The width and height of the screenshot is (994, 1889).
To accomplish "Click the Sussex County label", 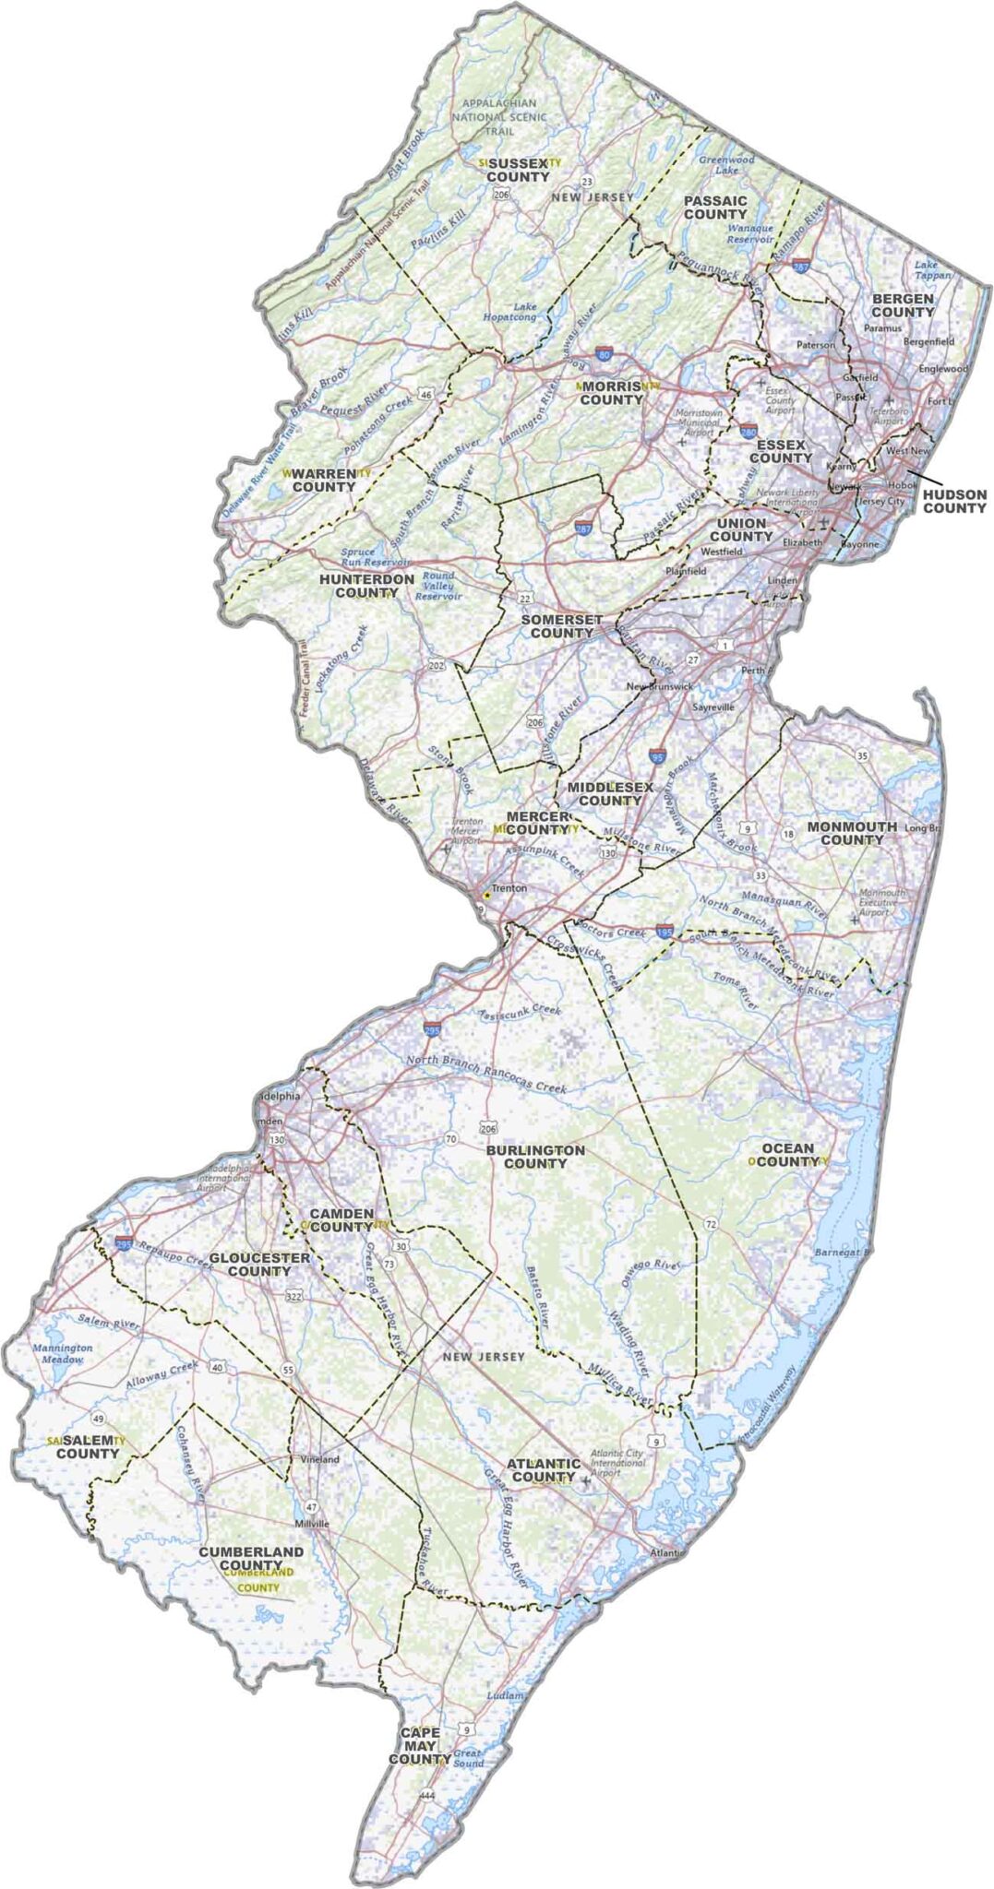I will [518, 170].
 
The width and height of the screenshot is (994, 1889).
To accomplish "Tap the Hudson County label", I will [954, 501].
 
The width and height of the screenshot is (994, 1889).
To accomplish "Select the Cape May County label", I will [420, 1746].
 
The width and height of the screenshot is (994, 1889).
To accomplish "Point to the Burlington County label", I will [535, 1157].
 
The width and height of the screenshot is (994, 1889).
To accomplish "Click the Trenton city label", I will [509, 888].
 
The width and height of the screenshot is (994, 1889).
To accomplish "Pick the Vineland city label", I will [320, 1459].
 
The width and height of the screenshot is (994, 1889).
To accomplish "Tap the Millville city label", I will [311, 1523].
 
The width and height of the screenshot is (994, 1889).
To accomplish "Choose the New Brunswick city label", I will [659, 687].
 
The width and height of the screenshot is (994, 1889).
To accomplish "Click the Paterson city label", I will [815, 344].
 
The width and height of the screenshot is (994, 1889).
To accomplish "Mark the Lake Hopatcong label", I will [509, 312].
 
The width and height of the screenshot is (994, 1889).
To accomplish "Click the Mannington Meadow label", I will [63, 1353].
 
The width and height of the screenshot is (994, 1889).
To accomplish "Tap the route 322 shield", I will [294, 1296].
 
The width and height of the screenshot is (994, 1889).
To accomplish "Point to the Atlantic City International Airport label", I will [617, 1462].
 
